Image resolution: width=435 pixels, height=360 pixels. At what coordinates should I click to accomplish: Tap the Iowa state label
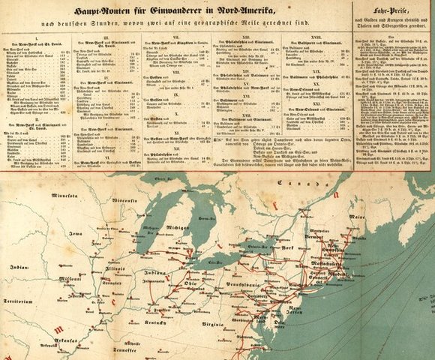pos(75,233)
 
